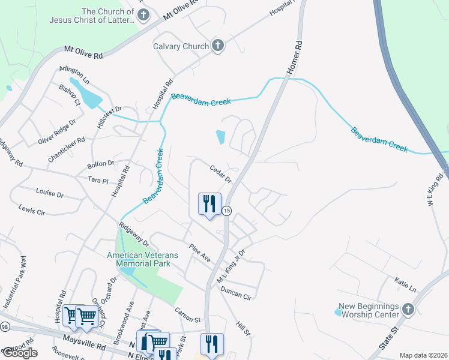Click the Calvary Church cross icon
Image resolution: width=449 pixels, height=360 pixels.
(217, 46)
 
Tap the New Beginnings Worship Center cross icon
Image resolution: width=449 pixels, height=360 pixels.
(408, 310)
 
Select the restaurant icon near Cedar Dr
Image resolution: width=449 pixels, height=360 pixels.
(209, 204)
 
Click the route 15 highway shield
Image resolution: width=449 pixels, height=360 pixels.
(226, 211)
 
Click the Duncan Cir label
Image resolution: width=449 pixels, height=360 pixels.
(235, 294)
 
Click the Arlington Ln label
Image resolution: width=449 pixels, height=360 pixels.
(74, 76)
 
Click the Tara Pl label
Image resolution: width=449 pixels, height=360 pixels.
(97, 180)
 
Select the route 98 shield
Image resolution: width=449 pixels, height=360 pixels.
(5, 327)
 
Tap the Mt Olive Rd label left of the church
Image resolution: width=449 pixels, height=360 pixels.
(83, 53)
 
